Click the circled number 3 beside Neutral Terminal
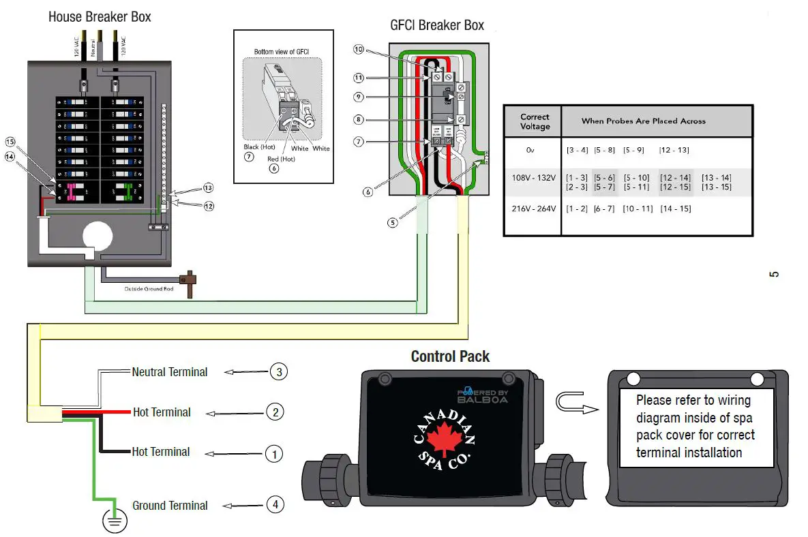tap(278, 372)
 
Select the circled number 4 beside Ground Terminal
tap(275, 505)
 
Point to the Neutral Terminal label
tap(170, 372)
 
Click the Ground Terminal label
tap(170, 506)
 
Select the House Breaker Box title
tap(100, 16)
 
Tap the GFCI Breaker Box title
tap(437, 25)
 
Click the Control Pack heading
tap(450, 356)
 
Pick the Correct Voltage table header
tap(535, 121)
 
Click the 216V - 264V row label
tap(533, 209)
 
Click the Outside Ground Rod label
tap(149, 289)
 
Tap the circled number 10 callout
tap(359, 49)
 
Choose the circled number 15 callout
tap(10, 141)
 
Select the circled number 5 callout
tap(393, 222)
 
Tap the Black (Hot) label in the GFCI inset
tap(259, 147)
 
